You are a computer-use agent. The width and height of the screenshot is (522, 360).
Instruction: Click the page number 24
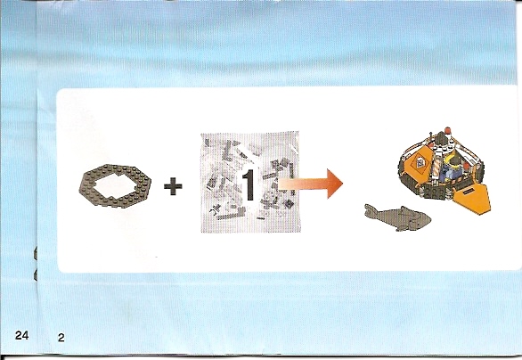21,335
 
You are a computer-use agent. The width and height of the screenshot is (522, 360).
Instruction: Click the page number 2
61,338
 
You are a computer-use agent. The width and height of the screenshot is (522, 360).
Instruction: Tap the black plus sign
173,186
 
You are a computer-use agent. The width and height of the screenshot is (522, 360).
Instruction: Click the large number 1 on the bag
249,185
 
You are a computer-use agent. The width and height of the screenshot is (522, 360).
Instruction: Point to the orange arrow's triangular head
335,184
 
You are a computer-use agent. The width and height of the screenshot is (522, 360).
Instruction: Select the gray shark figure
398,217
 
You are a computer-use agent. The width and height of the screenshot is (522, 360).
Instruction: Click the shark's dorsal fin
404,209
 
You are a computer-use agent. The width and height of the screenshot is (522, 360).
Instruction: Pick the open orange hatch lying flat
472,199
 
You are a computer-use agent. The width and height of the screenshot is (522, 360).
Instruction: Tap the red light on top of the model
447,129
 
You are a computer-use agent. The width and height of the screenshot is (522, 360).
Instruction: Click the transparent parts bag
250,182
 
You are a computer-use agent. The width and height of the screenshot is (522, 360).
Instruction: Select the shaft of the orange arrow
303,184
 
